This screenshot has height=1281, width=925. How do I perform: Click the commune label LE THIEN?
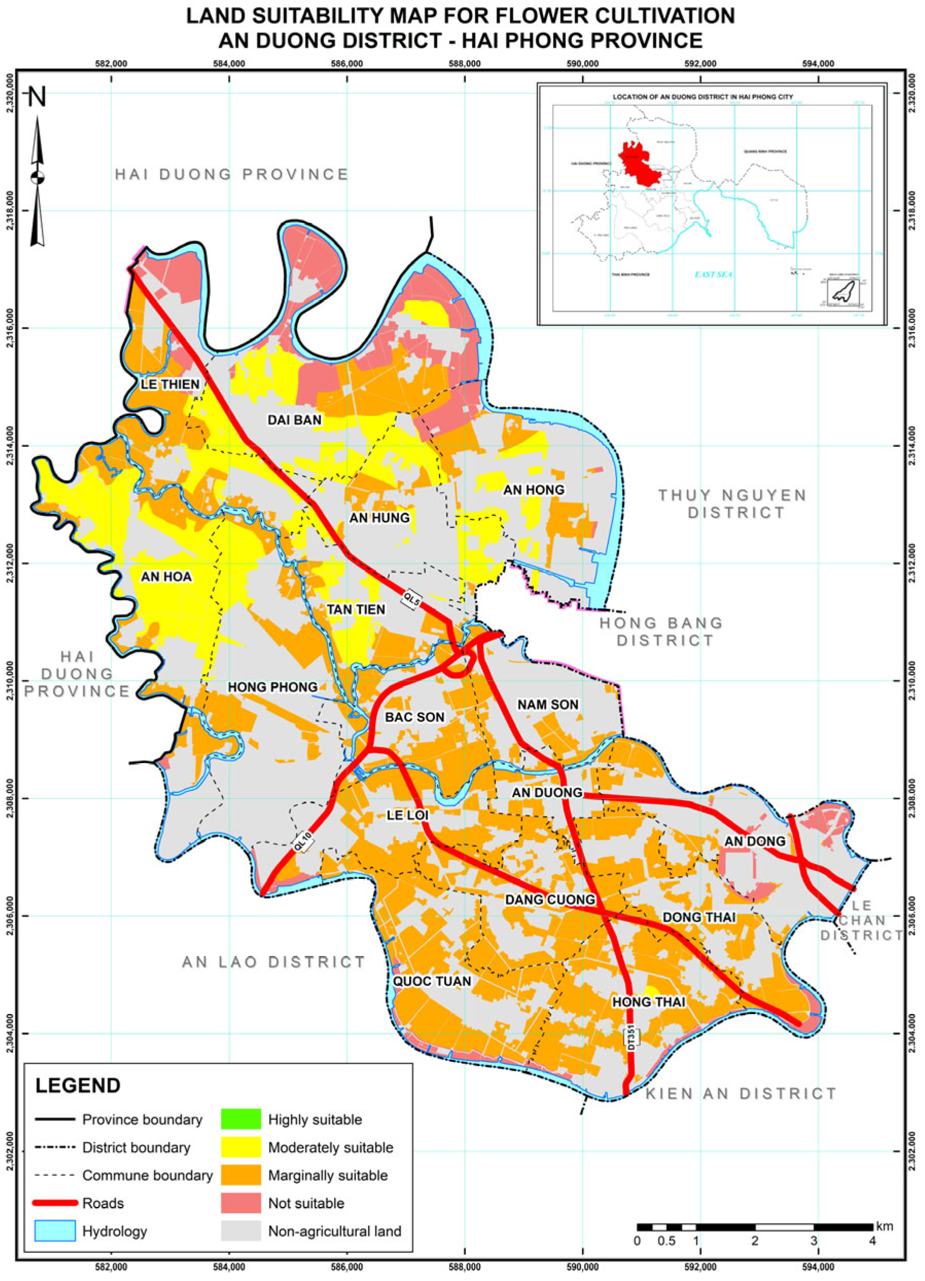coord(170,385)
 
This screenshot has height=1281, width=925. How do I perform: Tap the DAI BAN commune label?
coord(294,420)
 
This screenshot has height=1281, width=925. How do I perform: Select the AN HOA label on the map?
coord(166,576)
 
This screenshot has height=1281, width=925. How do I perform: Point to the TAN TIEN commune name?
coord(356,609)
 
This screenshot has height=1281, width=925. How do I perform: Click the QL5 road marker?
coord(412,599)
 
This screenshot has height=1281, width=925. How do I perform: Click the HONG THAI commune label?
coord(649,1001)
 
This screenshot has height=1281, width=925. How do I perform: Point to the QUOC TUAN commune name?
coord(432,981)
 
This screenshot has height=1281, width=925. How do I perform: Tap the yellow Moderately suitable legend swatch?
coord(241,1147)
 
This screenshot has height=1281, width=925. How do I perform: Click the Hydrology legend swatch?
coord(55,1231)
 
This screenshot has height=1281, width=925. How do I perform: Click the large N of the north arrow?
coord(37,97)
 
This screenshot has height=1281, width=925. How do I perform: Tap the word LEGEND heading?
coord(78,1085)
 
